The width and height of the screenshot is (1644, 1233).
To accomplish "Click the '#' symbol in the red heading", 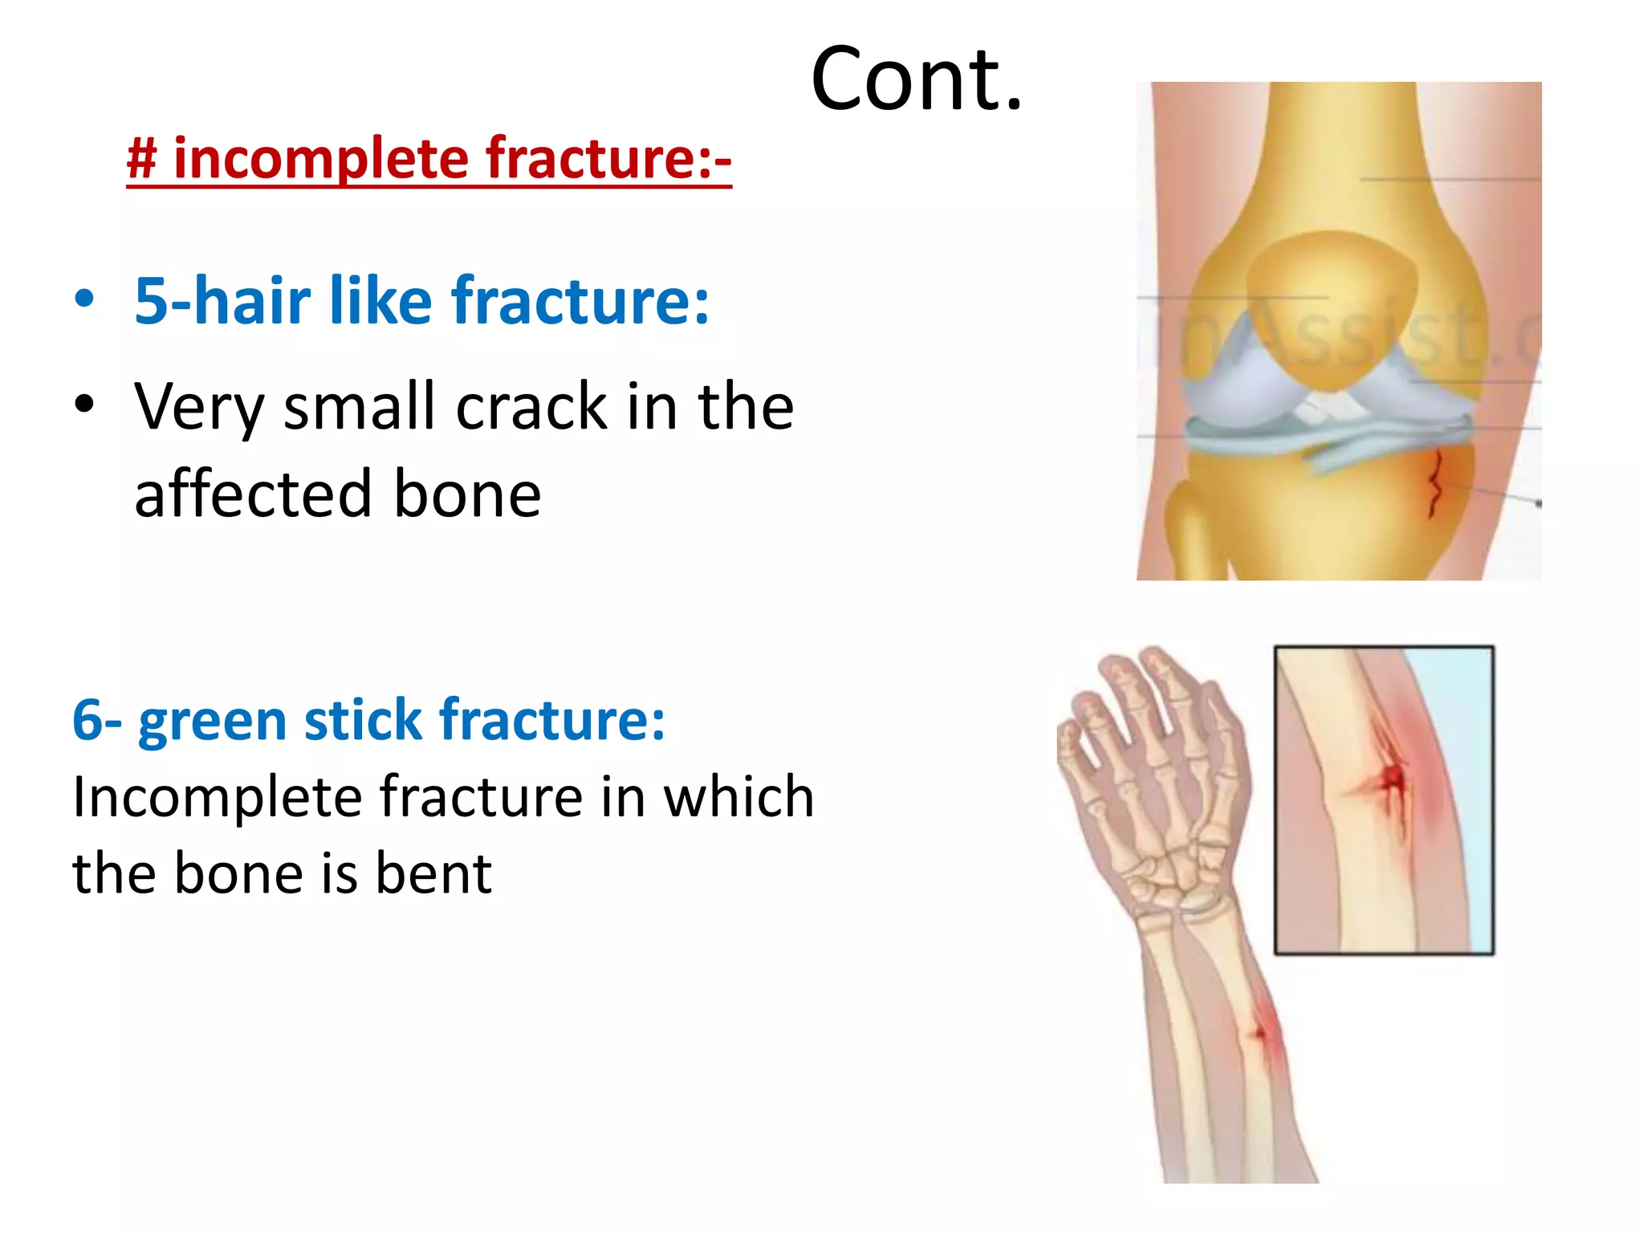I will point(142,158).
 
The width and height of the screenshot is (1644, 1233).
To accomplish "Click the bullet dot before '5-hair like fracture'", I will point(84,299).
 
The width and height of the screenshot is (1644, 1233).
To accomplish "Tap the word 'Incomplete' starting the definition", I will point(217,797).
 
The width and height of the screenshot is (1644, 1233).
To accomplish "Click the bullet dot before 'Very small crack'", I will point(84,403).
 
